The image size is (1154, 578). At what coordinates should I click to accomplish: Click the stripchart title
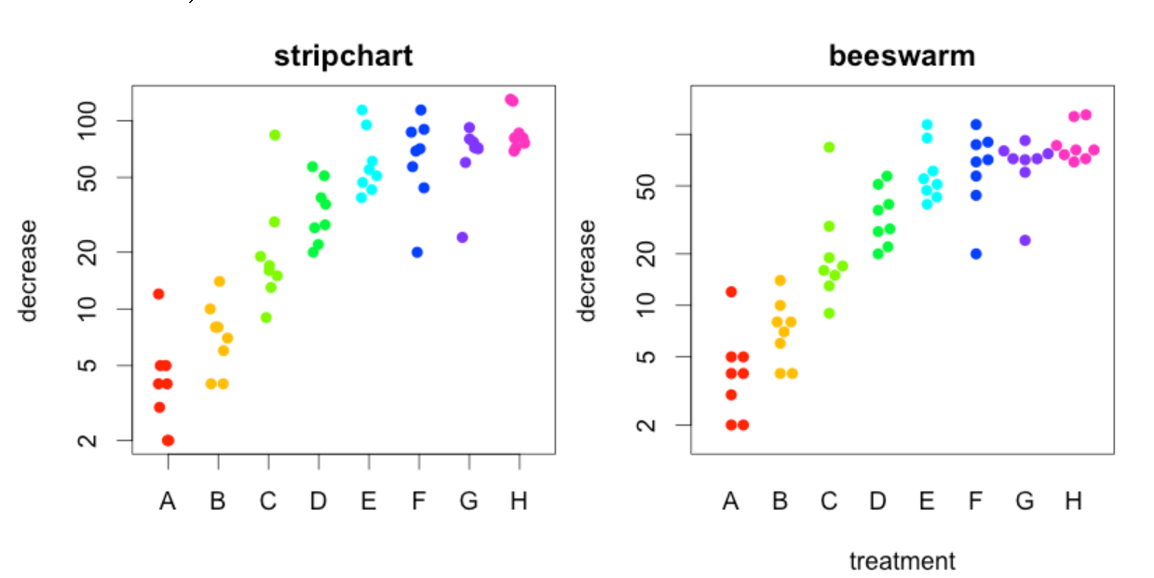tap(343, 56)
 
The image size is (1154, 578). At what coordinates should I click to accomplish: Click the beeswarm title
tap(901, 56)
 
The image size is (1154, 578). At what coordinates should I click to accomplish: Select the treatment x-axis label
tap(902, 561)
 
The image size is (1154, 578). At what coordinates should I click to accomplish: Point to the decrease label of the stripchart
tap(29, 270)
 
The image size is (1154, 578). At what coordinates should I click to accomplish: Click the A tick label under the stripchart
tap(168, 502)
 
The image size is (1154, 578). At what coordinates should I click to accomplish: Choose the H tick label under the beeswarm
tap(1073, 502)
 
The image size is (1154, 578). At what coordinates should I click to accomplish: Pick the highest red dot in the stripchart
tap(158, 294)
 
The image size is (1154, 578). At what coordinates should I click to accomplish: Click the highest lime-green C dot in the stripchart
tap(275, 135)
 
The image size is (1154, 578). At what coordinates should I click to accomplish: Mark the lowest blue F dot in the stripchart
tap(417, 252)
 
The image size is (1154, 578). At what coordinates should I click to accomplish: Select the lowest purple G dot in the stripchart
tap(462, 237)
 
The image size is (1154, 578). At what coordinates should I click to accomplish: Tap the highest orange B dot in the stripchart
tap(220, 281)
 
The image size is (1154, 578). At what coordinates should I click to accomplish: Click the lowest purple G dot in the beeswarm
tap(1025, 240)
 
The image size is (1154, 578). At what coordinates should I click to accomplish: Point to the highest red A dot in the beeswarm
tap(731, 292)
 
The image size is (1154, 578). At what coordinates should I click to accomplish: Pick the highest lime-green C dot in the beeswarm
tap(829, 147)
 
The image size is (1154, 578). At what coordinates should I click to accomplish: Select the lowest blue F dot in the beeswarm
tap(976, 253)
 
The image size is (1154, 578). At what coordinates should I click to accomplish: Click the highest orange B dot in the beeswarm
tap(781, 280)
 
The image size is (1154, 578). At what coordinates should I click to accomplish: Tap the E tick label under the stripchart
tap(368, 502)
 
